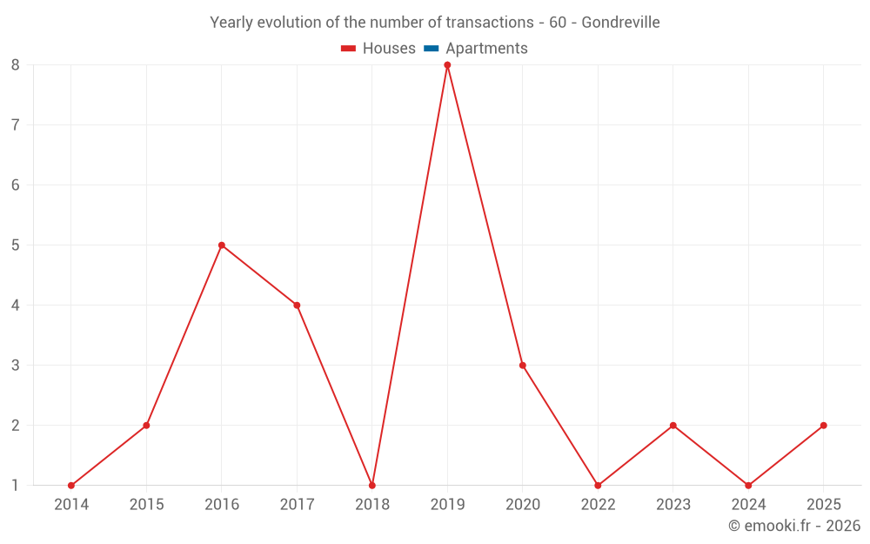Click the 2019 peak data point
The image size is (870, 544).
click(447, 65)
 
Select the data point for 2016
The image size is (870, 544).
click(222, 245)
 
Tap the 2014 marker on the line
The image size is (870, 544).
click(71, 486)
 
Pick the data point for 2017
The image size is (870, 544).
click(297, 306)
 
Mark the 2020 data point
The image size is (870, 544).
click(523, 366)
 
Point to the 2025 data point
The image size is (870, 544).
click(823, 426)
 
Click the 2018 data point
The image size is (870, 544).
click(372, 486)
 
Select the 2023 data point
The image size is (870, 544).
click(673, 426)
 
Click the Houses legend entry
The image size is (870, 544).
click(378, 49)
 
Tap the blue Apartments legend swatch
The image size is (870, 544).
click(432, 49)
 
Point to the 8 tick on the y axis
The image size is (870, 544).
click(16, 64)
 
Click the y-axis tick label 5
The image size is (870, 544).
click(16, 245)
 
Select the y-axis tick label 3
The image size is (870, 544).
click(16, 366)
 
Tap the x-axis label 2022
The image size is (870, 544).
click(598, 505)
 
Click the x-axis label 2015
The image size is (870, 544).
click(146, 505)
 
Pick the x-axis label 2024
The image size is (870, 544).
click(748, 505)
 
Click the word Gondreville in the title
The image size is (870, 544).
click(620, 23)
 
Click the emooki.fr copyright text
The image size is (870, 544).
click(794, 526)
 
